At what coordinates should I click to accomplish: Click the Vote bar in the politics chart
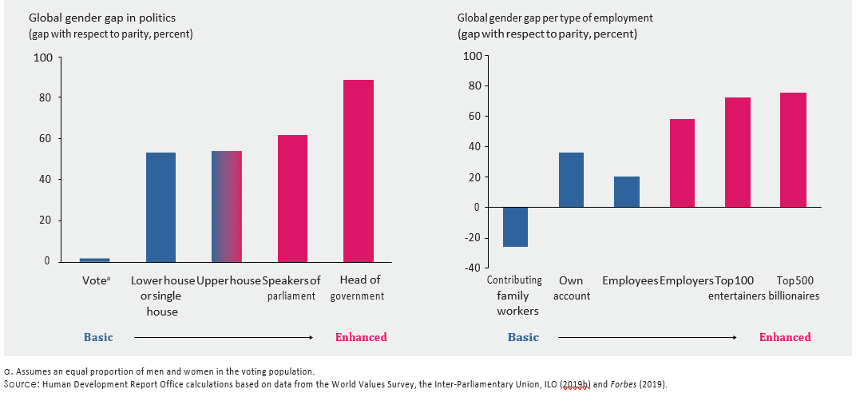[94, 260]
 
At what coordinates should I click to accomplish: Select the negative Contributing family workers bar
[514, 227]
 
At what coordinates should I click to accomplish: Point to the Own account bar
[570, 180]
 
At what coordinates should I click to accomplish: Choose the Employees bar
[627, 192]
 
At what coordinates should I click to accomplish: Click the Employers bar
[682, 163]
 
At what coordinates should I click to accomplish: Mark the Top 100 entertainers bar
[738, 152]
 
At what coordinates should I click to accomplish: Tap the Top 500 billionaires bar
[794, 149]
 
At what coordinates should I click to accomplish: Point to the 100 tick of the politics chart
[42, 58]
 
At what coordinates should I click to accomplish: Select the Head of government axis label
[360, 288]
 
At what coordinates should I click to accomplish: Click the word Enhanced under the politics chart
[360, 337]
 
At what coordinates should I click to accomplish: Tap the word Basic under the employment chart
[523, 337]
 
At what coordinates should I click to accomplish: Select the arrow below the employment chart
[647, 337]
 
